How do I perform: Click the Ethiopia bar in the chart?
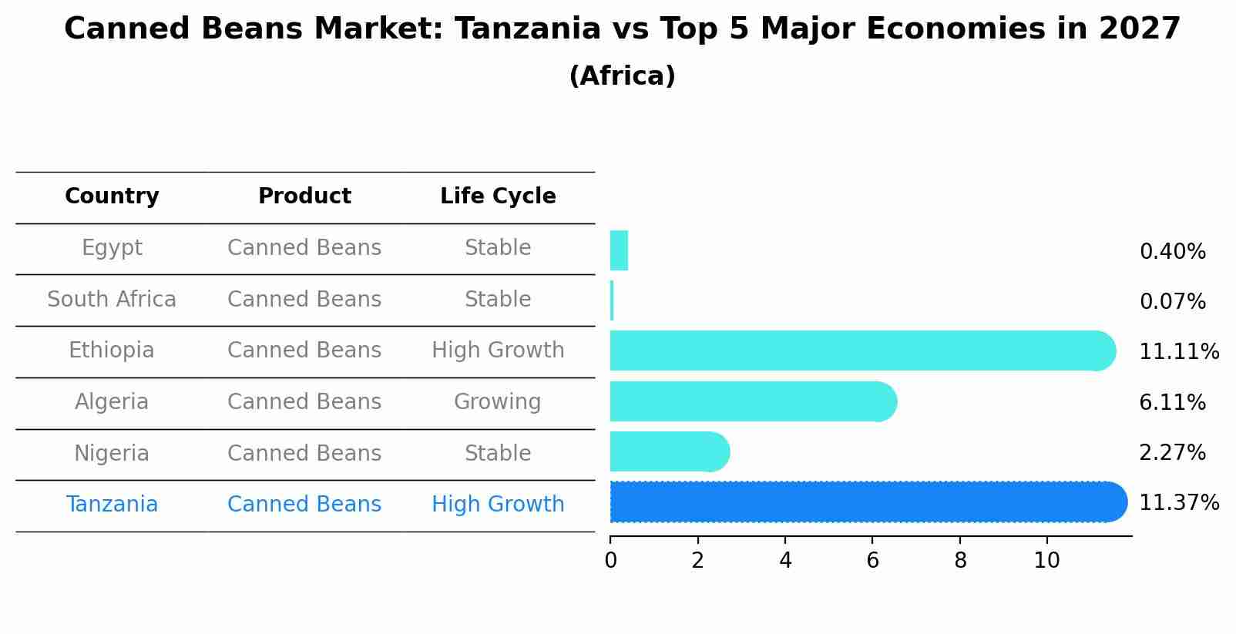click(x=862, y=351)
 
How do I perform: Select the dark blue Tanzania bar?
click(x=867, y=502)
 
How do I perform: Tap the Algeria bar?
click(x=752, y=401)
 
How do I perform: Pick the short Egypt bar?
click(x=619, y=250)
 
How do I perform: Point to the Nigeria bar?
click(x=668, y=451)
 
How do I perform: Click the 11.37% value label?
click(x=1178, y=503)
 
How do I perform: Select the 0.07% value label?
click(x=1172, y=302)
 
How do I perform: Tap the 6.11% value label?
click(x=1172, y=402)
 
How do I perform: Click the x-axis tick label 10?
click(x=1046, y=561)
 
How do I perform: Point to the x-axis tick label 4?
click(x=785, y=561)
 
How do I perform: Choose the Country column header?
click(x=112, y=196)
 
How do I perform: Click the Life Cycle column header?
click(x=498, y=196)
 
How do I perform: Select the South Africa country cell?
click(x=112, y=299)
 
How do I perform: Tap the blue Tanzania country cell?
click(x=112, y=505)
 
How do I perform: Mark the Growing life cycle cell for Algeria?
click(x=498, y=402)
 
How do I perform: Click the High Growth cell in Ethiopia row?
click(x=498, y=351)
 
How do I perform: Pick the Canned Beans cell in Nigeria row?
click(x=304, y=453)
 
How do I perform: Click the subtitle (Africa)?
click(x=622, y=76)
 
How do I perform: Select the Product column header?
click(x=304, y=196)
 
